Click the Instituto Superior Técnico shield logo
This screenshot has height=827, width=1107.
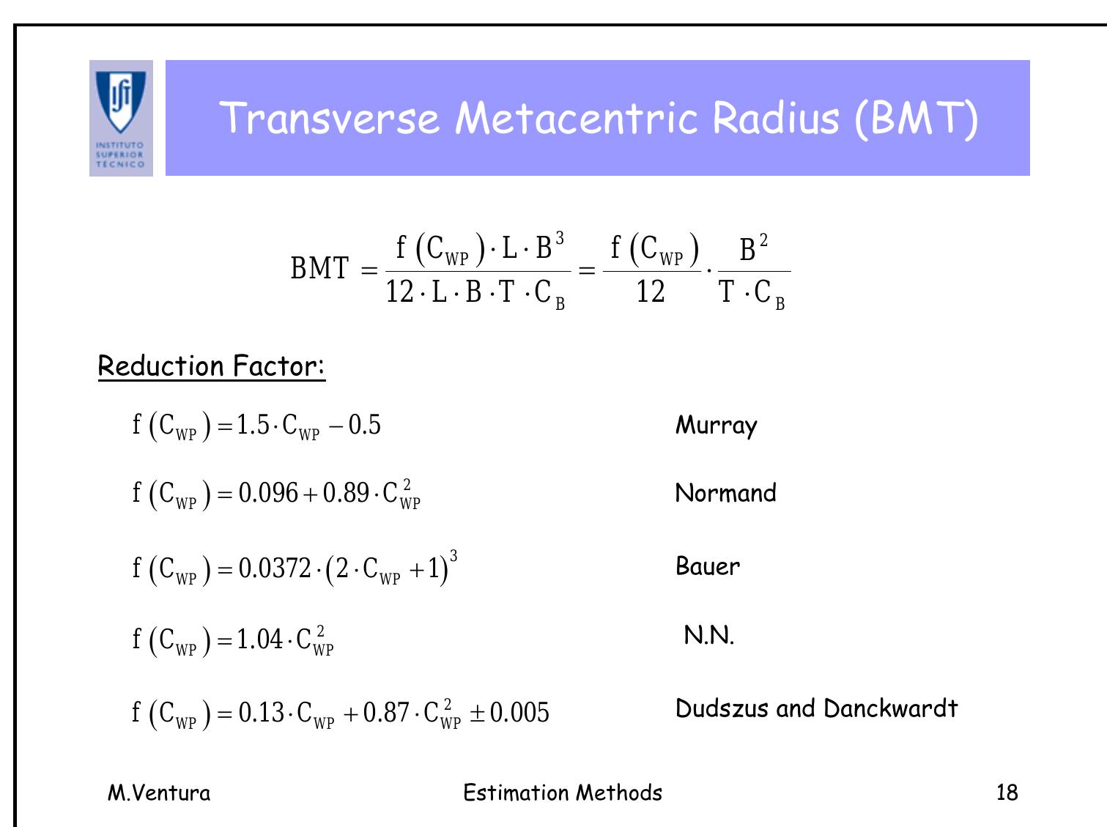pos(121,117)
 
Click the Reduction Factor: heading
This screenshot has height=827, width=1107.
pos(211,366)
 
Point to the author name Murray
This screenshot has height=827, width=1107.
pos(716,425)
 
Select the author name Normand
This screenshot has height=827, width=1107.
pos(725,493)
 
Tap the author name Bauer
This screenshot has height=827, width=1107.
pos(708,565)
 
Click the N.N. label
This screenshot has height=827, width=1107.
pos(708,635)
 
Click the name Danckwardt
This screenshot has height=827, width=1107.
pos(890,708)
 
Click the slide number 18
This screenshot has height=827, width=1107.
pos(1007,793)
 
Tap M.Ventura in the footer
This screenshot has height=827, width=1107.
pos(159,793)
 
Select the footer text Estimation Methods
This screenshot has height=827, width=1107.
pos(563,793)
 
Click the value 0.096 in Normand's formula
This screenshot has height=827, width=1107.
pos(268,493)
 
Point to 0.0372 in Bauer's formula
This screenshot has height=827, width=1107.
pos(275,567)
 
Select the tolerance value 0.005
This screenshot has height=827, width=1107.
pos(519,712)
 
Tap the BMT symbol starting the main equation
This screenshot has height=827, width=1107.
pos(319,268)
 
